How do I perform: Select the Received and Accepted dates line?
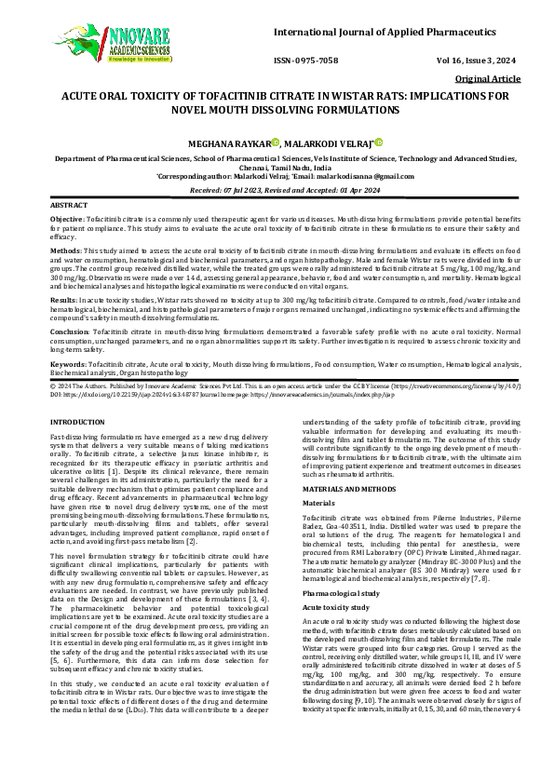[x=277, y=188]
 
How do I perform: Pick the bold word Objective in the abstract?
[x=67, y=216]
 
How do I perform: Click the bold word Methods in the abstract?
[x=64, y=251]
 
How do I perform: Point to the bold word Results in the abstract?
[x=63, y=302]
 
